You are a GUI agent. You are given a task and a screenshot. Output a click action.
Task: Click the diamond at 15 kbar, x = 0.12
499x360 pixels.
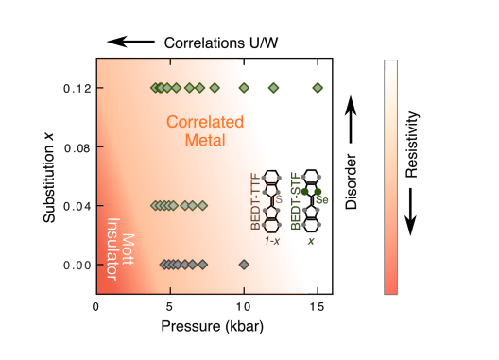(318, 88)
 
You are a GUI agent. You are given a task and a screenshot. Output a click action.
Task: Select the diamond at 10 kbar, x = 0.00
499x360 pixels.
(244, 265)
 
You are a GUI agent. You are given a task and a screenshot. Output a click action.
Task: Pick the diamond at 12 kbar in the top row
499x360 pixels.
(273, 88)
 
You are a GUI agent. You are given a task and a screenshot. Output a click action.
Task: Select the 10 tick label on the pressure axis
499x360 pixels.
(244, 306)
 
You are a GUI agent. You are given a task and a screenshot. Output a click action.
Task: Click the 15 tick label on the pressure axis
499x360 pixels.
(318, 306)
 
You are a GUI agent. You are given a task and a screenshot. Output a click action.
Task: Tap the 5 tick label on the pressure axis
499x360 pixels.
(170, 306)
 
